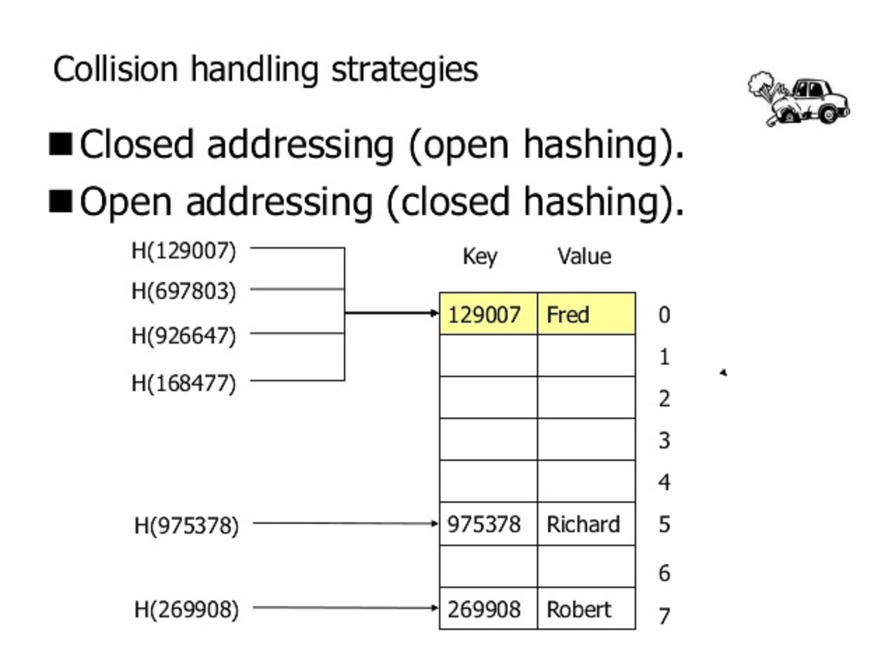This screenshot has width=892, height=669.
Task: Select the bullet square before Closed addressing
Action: (62, 145)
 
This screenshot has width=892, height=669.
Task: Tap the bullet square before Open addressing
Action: (62, 202)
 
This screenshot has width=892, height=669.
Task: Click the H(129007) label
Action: (184, 250)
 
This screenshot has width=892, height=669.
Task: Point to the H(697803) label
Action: (184, 291)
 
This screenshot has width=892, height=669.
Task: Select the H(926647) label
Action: (184, 336)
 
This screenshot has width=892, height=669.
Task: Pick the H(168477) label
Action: (184, 383)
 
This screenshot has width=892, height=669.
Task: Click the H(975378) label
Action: (186, 525)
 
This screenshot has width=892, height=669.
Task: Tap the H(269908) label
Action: (186, 610)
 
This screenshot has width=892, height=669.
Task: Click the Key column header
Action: (480, 256)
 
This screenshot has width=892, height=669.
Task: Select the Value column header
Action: (584, 256)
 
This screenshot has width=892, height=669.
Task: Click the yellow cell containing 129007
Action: (488, 314)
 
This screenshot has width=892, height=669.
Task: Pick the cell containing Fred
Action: (586, 314)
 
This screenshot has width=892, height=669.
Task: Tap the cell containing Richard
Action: (586, 524)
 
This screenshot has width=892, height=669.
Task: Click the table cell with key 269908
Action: (488, 609)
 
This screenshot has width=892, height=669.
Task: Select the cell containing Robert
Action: (586, 609)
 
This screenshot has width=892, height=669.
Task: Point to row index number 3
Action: (664, 441)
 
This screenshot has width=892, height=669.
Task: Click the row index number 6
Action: (664, 573)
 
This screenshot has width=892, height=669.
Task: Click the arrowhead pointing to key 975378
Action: (435, 524)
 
